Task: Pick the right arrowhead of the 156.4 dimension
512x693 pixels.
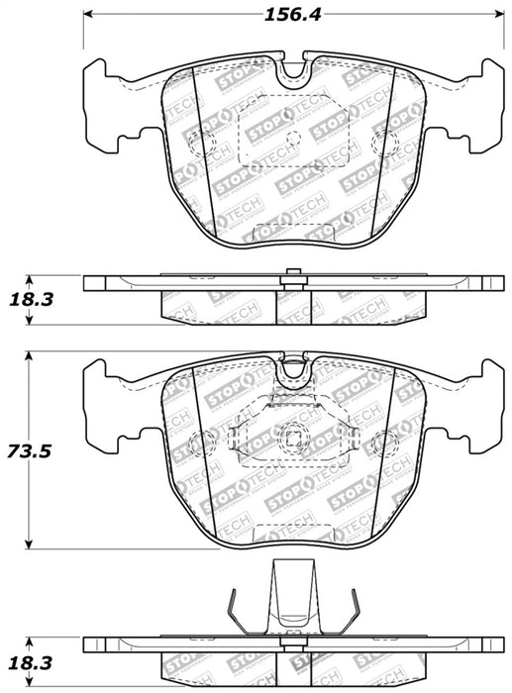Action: (494, 15)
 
